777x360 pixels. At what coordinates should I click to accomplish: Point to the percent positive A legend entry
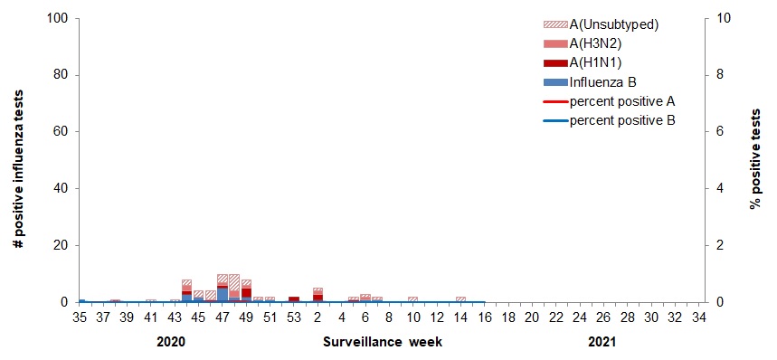pos(621,100)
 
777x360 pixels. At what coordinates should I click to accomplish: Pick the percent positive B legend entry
pos(621,119)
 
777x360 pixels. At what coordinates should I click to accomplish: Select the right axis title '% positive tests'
pos(754,159)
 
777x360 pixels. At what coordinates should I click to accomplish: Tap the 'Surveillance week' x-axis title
pos(372,344)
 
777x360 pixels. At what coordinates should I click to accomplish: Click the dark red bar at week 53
pos(294,298)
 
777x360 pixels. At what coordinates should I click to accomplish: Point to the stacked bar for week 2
pos(317,295)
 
